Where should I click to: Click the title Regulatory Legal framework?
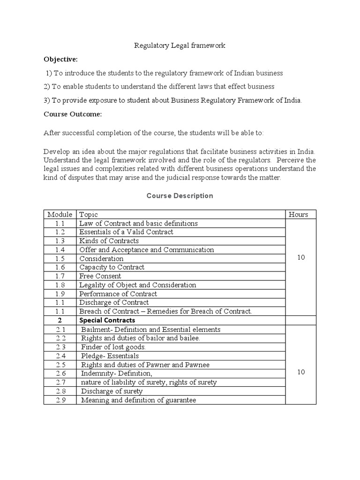click(180, 45)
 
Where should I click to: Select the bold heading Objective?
click(61, 60)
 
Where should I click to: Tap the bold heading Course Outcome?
click(73, 114)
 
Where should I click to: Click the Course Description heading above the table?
click(180, 195)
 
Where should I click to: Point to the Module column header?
click(60, 214)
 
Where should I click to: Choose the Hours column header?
click(299, 214)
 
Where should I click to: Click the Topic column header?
click(89, 214)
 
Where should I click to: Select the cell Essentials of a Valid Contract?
click(126, 232)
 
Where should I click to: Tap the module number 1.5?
click(60, 259)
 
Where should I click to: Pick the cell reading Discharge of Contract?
click(114, 302)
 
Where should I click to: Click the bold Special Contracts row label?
click(107, 320)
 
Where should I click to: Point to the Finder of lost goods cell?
click(113, 347)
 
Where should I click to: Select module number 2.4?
click(60, 356)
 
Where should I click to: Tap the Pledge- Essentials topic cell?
click(110, 356)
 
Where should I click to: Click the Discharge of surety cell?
click(112, 391)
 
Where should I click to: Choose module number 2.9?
click(60, 400)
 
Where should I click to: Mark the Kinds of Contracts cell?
click(109, 241)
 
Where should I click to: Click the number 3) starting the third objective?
click(47, 100)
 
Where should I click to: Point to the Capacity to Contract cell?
click(112, 267)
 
